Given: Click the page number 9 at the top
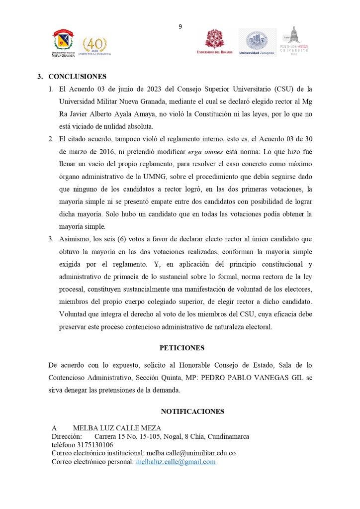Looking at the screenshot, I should click(180, 27).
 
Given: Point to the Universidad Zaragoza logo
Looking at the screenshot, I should click(257, 43).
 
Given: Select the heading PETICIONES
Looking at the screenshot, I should click(181, 348).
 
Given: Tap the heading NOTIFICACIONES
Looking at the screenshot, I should click(192, 411).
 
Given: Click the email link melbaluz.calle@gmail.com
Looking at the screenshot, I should click(176, 462).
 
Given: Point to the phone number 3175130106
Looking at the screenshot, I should click(93, 445).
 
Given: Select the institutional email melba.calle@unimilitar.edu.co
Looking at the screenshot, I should click(190, 453).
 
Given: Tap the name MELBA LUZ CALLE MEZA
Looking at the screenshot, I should click(117, 428).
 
